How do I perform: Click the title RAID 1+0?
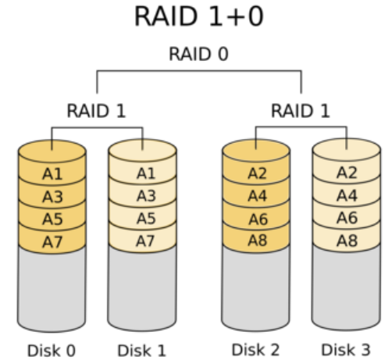199,16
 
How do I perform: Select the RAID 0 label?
199,54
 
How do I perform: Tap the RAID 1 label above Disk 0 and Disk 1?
97,111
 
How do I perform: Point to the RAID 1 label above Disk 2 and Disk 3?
301,111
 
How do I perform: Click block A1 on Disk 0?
52,173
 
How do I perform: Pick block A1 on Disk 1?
143,173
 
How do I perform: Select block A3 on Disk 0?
52,196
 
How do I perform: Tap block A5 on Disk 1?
143,218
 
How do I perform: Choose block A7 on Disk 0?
52,241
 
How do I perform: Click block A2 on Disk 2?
256,173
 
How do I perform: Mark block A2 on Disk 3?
347,173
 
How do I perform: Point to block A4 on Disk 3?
347,195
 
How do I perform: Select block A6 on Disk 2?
256,218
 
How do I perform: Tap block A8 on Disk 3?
347,241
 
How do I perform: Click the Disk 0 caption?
52,351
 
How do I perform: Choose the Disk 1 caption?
142,351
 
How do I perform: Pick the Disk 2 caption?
255,349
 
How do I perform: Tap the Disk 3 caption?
346,349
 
